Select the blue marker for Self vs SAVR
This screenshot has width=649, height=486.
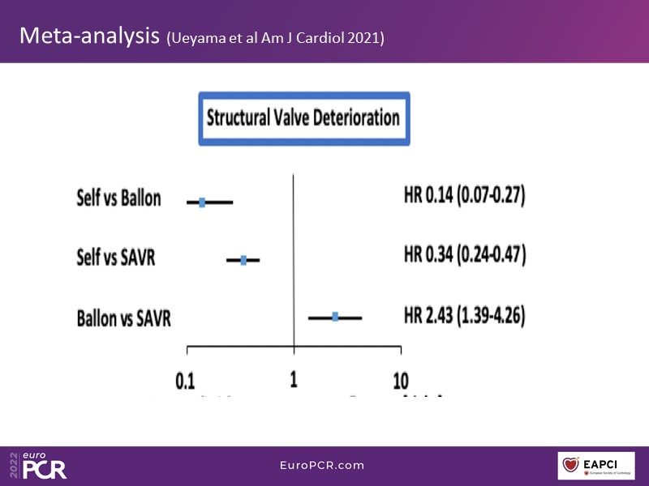point(243,260)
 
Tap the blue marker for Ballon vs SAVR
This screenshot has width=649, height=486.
point(335,317)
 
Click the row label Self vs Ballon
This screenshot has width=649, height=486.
point(118,198)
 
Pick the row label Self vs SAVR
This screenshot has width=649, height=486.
point(115,258)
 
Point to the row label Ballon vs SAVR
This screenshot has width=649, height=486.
point(123,318)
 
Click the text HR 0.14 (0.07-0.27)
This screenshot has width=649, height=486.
point(465,196)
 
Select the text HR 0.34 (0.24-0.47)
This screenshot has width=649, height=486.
point(465,255)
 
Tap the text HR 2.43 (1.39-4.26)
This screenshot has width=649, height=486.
point(465,314)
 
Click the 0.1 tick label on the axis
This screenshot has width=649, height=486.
point(187,380)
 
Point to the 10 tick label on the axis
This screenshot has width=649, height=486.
point(400,380)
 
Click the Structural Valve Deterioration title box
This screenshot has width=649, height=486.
point(303,118)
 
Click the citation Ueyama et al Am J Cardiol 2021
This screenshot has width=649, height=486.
point(276,38)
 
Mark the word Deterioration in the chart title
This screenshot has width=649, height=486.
point(353,118)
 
